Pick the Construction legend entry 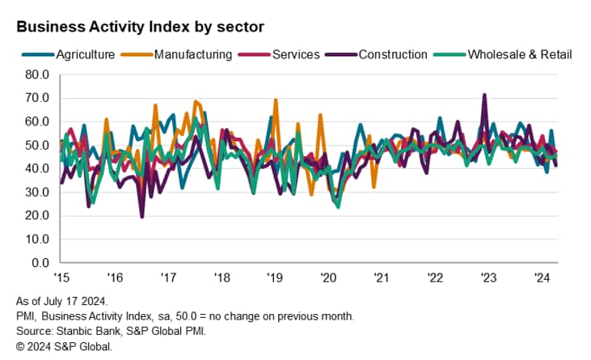(392, 55)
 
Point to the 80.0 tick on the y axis (38, 74)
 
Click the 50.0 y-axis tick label (38, 146)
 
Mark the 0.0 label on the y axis (41, 264)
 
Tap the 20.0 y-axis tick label (38, 216)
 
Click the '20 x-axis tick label (328, 278)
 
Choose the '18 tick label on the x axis (222, 278)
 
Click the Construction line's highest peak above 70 (484, 95)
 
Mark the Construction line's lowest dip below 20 (142, 217)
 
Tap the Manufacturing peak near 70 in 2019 (276, 100)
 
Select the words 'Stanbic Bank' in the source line (88, 330)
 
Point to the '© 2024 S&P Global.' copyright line (63, 345)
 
